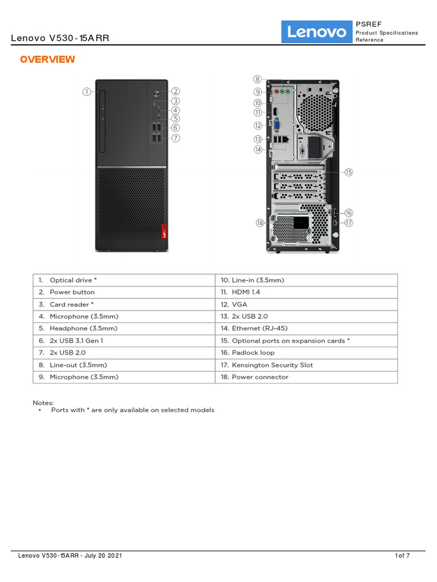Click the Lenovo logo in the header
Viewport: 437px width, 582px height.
coord(317,32)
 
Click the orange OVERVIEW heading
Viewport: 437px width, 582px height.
coord(47,60)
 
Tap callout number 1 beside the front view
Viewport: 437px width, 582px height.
coord(86,91)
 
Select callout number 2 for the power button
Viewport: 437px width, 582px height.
coord(176,91)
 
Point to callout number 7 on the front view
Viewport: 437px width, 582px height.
coord(176,138)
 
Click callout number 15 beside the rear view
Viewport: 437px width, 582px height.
coord(349,172)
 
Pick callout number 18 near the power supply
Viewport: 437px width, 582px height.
coord(260,223)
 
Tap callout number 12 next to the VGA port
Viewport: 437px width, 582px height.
coord(258,125)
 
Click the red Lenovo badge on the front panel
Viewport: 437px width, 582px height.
coord(165,233)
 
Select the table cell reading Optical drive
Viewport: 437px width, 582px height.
coord(73,280)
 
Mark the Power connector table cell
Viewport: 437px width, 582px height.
coord(260,377)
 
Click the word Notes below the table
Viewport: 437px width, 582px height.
coord(43,402)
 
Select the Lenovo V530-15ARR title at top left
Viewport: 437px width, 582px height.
coord(60,39)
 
